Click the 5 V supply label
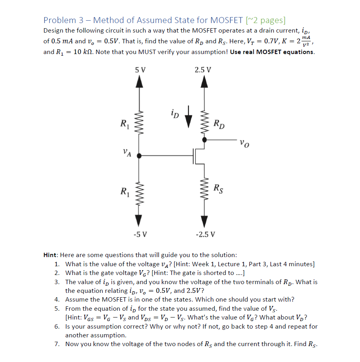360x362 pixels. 140,70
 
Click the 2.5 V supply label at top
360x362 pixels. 203,70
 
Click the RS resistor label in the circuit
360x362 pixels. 218,188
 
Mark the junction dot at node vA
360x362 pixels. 139,156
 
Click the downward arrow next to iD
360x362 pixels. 189,112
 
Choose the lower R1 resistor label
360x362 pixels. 125,192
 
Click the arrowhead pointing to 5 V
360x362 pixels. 139,81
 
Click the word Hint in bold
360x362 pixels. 51,255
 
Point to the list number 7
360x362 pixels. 57,344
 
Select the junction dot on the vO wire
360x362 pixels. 204,140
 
